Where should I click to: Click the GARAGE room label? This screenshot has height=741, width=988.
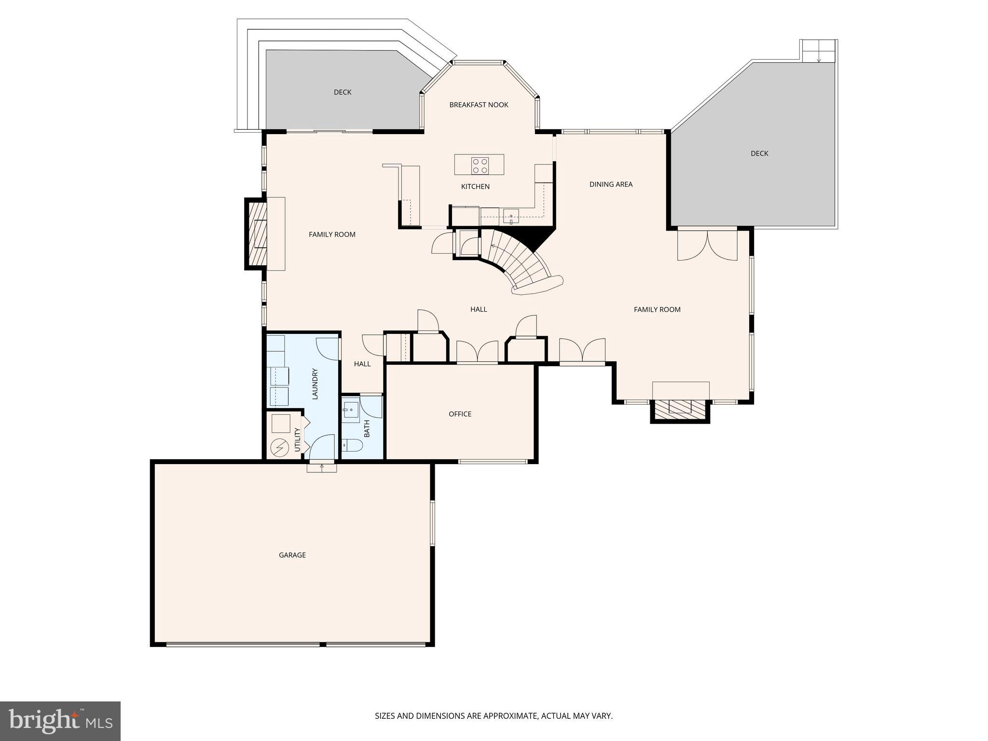[x=292, y=555]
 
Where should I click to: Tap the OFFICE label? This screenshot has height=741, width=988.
[x=460, y=414]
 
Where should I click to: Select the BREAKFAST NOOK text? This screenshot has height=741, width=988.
[x=479, y=105]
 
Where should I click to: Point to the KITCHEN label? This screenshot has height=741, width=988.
[x=475, y=187]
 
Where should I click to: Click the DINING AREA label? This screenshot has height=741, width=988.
[x=611, y=184]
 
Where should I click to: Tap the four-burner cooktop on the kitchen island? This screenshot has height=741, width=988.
[x=480, y=165]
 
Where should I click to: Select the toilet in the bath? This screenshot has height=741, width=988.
[x=352, y=445]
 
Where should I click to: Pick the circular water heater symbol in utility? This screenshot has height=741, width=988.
[x=279, y=448]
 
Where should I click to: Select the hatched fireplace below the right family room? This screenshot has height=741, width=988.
[x=680, y=409]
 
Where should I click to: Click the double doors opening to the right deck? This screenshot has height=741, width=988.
[x=707, y=245]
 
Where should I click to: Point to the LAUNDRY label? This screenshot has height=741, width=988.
[x=315, y=384]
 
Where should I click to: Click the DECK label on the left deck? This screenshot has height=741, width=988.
[x=343, y=92]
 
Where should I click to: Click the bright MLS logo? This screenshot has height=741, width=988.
[x=60, y=721]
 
